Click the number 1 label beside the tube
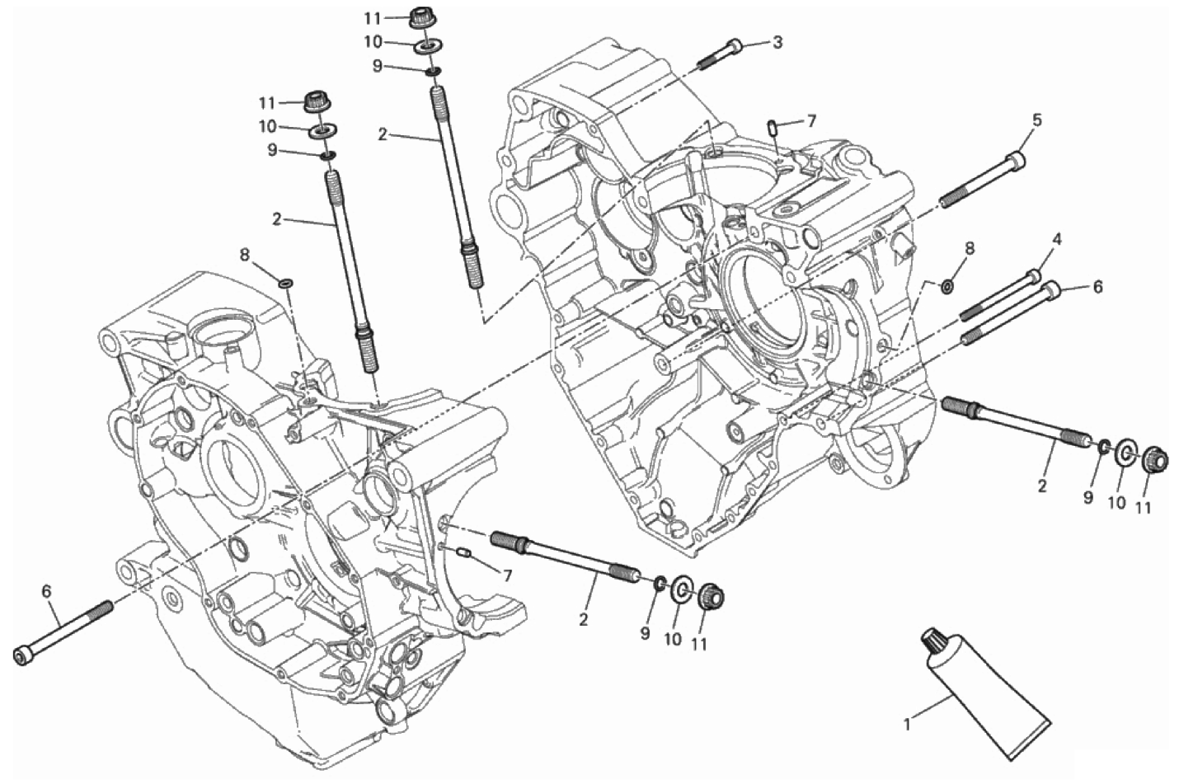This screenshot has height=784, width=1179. (x=907, y=725)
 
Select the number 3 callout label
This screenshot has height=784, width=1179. (x=778, y=42)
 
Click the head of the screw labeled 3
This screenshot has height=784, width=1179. (x=735, y=47)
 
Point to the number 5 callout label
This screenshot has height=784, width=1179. (x=1036, y=120)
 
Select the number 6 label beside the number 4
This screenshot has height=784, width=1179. (x=1097, y=287)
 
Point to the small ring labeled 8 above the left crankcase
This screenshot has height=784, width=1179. (x=286, y=284)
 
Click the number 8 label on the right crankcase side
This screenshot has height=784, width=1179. (x=969, y=248)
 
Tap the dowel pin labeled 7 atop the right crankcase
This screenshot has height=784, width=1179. (x=773, y=127)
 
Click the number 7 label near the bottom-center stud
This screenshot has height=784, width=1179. (x=507, y=575)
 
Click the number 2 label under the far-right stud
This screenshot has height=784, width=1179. (x=1042, y=486)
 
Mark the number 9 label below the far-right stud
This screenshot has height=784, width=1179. (x=1088, y=497)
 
